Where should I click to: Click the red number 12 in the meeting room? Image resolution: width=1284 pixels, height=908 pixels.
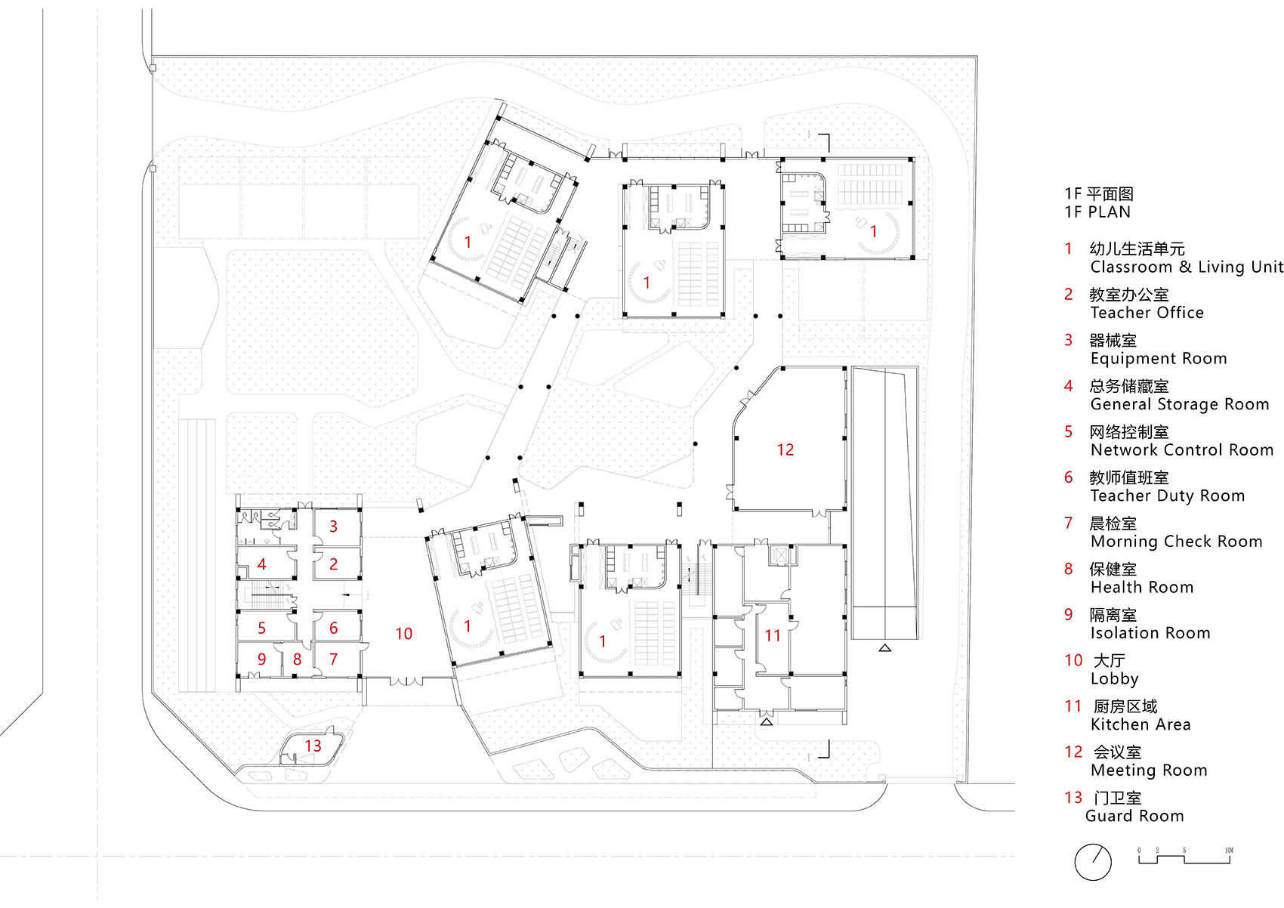pyautogui.click(x=786, y=450)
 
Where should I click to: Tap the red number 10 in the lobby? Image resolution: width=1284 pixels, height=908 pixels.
pyautogui.click(x=403, y=634)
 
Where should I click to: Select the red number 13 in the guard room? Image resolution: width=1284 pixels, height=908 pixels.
pyautogui.click(x=313, y=746)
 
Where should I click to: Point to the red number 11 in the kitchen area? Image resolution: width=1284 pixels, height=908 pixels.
pyautogui.click(x=773, y=636)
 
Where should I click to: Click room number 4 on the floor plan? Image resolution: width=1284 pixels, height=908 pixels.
pyautogui.click(x=261, y=564)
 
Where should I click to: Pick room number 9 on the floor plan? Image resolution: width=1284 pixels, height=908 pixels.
pyautogui.click(x=261, y=659)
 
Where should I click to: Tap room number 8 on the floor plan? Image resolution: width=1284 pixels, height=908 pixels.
pyautogui.click(x=297, y=659)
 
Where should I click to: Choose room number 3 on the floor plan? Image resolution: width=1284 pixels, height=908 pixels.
pyautogui.click(x=333, y=527)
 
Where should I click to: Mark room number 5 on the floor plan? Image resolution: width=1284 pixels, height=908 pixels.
pyautogui.click(x=261, y=628)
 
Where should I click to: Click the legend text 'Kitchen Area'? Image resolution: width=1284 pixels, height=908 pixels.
pyautogui.click(x=1140, y=724)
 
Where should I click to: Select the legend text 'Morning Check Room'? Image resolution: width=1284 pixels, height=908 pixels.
pyautogui.click(x=1176, y=542)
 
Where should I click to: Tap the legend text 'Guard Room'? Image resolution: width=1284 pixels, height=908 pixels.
pyautogui.click(x=1134, y=816)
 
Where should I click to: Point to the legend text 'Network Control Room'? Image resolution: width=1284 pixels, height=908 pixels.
pyautogui.click(x=1182, y=450)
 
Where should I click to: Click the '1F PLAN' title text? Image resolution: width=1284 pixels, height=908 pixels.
pyautogui.click(x=1097, y=212)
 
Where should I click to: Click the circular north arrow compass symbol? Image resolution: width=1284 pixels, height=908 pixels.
pyautogui.click(x=1093, y=862)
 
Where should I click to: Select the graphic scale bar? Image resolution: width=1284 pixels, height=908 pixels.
pyautogui.click(x=1185, y=857)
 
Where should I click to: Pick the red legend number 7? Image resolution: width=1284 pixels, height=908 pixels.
pyautogui.click(x=1069, y=523)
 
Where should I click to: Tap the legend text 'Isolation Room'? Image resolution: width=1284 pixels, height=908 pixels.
pyautogui.click(x=1150, y=633)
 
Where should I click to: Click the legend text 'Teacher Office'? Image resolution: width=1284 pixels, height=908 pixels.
pyautogui.click(x=1147, y=313)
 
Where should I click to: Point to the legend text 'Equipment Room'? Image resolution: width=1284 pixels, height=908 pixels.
pyautogui.click(x=1159, y=359)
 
